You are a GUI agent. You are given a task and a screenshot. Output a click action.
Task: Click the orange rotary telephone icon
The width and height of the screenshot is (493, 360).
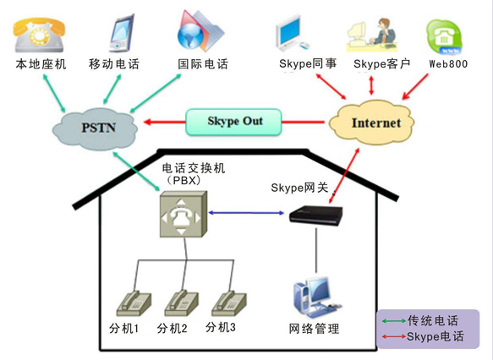(x=39, y=35)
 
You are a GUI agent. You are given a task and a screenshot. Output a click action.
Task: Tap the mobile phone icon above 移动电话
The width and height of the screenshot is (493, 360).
(x=122, y=33)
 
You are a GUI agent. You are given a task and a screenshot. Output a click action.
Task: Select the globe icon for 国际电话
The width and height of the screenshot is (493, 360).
(x=200, y=31)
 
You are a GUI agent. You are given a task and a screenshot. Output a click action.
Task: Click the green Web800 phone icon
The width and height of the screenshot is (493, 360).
(x=445, y=37)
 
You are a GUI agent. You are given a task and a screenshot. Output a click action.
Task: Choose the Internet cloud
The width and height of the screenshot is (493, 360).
(x=371, y=123)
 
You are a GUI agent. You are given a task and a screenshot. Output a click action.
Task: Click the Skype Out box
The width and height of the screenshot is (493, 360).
(x=233, y=122)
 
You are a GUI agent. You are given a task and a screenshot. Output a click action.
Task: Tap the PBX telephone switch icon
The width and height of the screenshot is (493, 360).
(x=184, y=214)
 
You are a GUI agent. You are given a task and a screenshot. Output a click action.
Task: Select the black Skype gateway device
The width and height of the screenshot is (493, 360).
(x=315, y=215)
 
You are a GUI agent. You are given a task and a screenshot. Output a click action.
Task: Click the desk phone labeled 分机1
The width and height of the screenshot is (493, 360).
(x=134, y=303)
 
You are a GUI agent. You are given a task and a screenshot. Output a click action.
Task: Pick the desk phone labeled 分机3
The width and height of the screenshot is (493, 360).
(x=229, y=303)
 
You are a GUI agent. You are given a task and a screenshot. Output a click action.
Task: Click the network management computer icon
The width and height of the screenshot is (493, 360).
(x=316, y=297)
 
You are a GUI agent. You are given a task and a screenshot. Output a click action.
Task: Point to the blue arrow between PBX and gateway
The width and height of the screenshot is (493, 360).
(x=246, y=213)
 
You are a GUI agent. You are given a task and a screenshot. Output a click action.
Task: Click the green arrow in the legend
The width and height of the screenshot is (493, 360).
(x=394, y=321)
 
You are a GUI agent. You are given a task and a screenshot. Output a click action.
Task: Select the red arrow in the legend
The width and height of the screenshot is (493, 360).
(x=394, y=336)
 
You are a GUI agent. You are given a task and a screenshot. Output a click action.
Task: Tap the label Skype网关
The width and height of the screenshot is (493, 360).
(x=299, y=188)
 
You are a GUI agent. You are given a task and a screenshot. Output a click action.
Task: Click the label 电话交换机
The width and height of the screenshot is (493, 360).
(x=194, y=169)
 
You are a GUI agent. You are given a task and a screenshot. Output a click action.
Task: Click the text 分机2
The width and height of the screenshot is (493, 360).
(x=172, y=329)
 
